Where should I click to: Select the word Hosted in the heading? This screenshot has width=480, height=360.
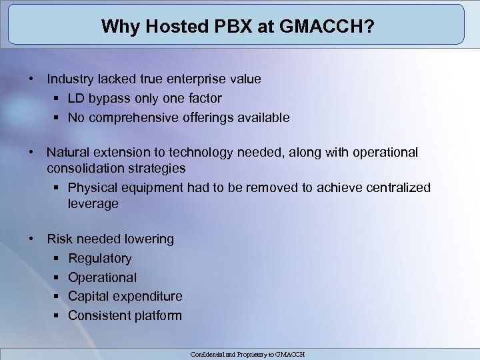(167, 27)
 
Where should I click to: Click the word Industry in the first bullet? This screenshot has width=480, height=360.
(69, 79)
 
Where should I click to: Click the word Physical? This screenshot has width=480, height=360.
(93, 187)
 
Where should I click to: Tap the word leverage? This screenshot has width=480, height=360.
(93, 204)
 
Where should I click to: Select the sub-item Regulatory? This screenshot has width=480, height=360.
(100, 259)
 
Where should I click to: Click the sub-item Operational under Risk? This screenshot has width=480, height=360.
(102, 277)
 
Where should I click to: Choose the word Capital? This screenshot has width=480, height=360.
(89, 296)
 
